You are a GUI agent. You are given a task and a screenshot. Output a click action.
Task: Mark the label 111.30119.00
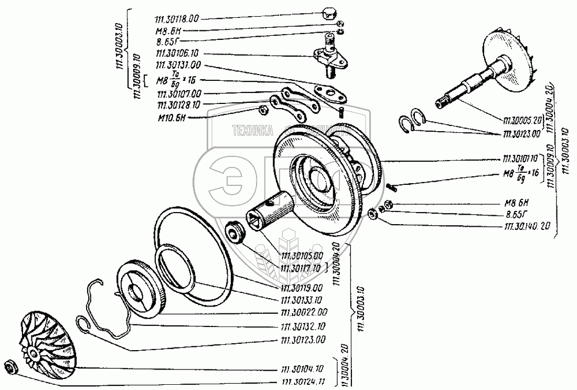pyautogui.click(x=304, y=288)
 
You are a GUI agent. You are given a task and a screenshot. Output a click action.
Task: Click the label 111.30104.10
pyautogui.click(x=304, y=368)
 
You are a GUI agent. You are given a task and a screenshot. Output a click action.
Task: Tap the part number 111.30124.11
pyautogui.click(x=304, y=382)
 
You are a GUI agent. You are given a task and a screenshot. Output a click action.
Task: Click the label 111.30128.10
pyautogui.click(x=178, y=104)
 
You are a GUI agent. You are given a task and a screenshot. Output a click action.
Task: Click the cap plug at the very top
pyautogui.click(x=329, y=13)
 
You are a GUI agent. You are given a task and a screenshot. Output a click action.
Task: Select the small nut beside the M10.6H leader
pyautogui.click(x=264, y=110)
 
